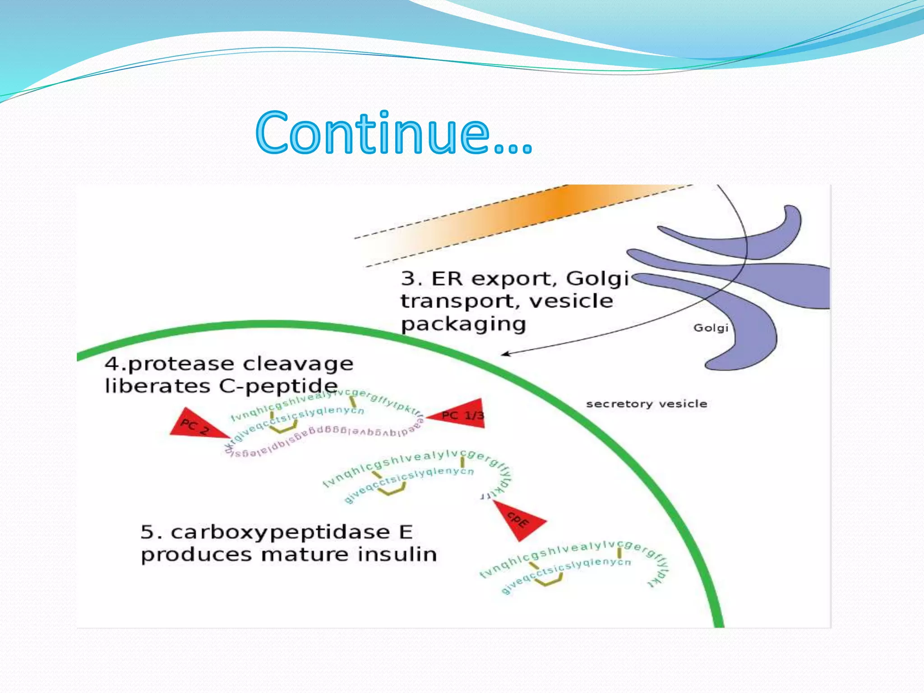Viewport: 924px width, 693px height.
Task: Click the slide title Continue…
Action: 393,133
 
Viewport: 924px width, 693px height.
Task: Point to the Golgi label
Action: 711,328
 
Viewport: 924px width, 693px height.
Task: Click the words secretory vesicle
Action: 646,404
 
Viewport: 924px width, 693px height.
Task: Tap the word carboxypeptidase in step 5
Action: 280,533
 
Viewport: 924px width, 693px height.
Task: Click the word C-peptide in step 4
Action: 278,386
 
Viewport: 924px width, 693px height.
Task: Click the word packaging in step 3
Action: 463,324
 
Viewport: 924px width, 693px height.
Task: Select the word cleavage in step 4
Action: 298,364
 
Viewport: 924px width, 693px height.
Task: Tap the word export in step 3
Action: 513,279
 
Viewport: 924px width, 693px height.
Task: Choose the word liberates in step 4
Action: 157,386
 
